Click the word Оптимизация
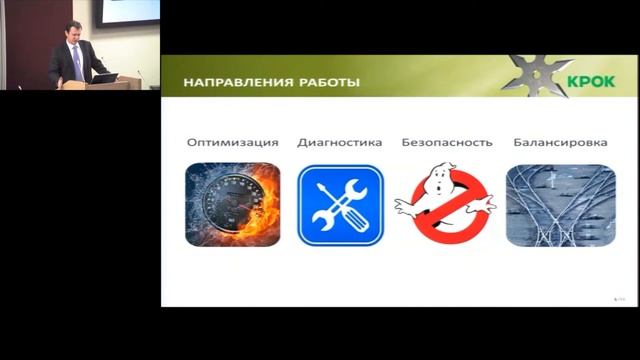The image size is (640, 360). click(x=232, y=142)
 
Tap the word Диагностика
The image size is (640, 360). click(x=339, y=142)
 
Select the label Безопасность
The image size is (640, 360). click(x=446, y=142)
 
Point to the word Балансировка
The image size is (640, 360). click(x=559, y=142)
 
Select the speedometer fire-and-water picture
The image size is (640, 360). click(x=232, y=205)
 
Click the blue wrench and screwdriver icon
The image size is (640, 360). click(x=340, y=205)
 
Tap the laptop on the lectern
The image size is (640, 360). click(x=103, y=77)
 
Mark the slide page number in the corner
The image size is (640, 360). click(x=618, y=298)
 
